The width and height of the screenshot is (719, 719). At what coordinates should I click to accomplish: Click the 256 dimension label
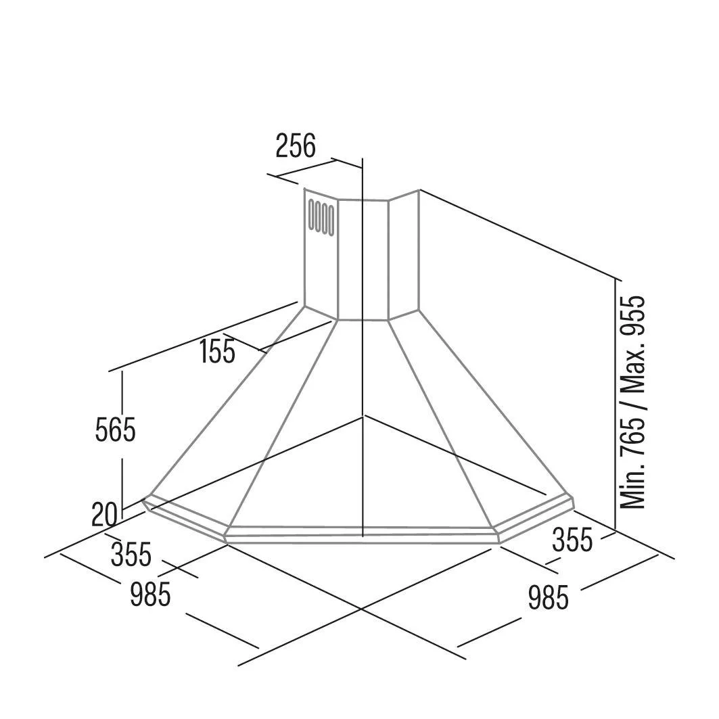296,145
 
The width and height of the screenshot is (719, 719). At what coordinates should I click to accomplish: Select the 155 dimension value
217,352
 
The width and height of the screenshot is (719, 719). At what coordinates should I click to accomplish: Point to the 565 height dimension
115,430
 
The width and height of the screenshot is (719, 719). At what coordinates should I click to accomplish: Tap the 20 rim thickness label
104,515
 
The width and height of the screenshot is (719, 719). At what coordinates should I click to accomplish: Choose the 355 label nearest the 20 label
131,554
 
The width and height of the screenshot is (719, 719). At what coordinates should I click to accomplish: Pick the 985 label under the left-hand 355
150,594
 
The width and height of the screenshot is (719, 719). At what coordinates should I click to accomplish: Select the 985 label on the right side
549,597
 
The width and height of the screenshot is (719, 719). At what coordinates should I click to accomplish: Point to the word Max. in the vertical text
633,363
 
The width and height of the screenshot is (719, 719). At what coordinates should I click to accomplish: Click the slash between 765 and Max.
633,402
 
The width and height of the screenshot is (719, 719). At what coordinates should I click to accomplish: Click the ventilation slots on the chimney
321,217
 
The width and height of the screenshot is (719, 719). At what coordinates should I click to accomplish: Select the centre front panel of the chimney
363,260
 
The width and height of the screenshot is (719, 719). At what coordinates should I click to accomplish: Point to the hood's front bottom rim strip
363,536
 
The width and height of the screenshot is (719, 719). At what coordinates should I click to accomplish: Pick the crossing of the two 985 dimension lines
361,609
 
